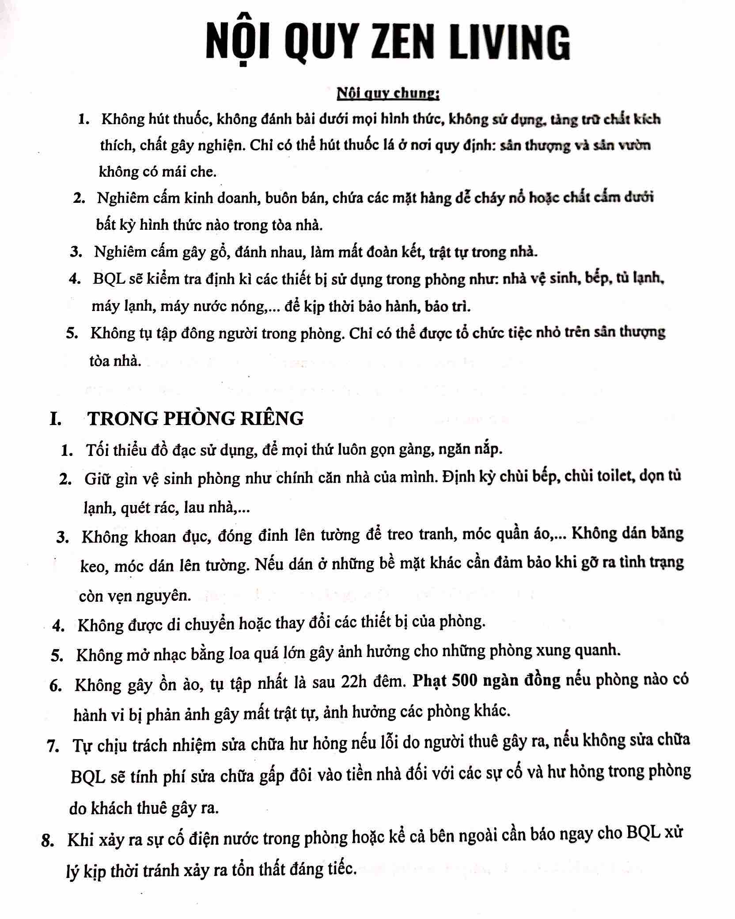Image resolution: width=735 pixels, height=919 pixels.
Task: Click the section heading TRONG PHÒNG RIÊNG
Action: click(196, 418)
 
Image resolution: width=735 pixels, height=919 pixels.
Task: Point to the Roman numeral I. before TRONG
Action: click(56, 418)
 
